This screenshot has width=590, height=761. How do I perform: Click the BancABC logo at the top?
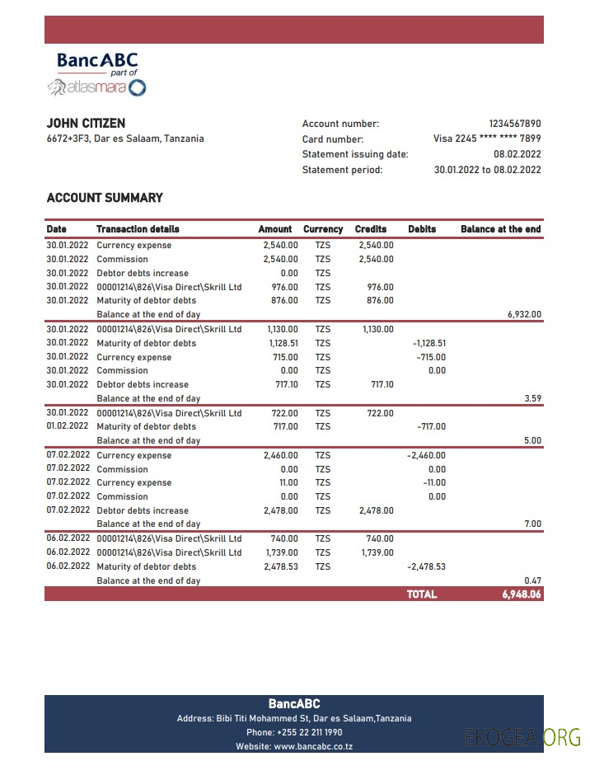(x=96, y=73)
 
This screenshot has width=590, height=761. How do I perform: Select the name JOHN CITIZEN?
(x=86, y=124)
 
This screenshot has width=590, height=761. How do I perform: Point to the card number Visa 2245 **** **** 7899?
(x=487, y=139)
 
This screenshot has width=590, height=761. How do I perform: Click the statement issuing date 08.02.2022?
(x=517, y=154)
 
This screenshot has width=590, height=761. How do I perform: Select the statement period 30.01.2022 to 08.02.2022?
(x=487, y=170)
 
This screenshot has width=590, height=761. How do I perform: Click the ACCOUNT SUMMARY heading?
(x=105, y=198)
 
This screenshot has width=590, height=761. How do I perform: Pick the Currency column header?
(x=323, y=229)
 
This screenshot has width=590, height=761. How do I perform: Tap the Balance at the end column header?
(x=500, y=229)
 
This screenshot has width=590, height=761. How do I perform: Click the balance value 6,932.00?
(x=524, y=315)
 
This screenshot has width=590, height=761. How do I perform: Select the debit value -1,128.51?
(x=428, y=343)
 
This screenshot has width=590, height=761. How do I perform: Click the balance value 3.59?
(x=532, y=399)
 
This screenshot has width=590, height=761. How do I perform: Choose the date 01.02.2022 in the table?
(x=67, y=427)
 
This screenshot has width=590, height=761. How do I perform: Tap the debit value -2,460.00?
(x=427, y=456)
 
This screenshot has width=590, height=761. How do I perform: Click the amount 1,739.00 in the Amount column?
(x=281, y=552)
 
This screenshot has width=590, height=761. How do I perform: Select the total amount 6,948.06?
(x=522, y=594)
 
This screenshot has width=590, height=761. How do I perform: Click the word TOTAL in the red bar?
(x=422, y=594)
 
